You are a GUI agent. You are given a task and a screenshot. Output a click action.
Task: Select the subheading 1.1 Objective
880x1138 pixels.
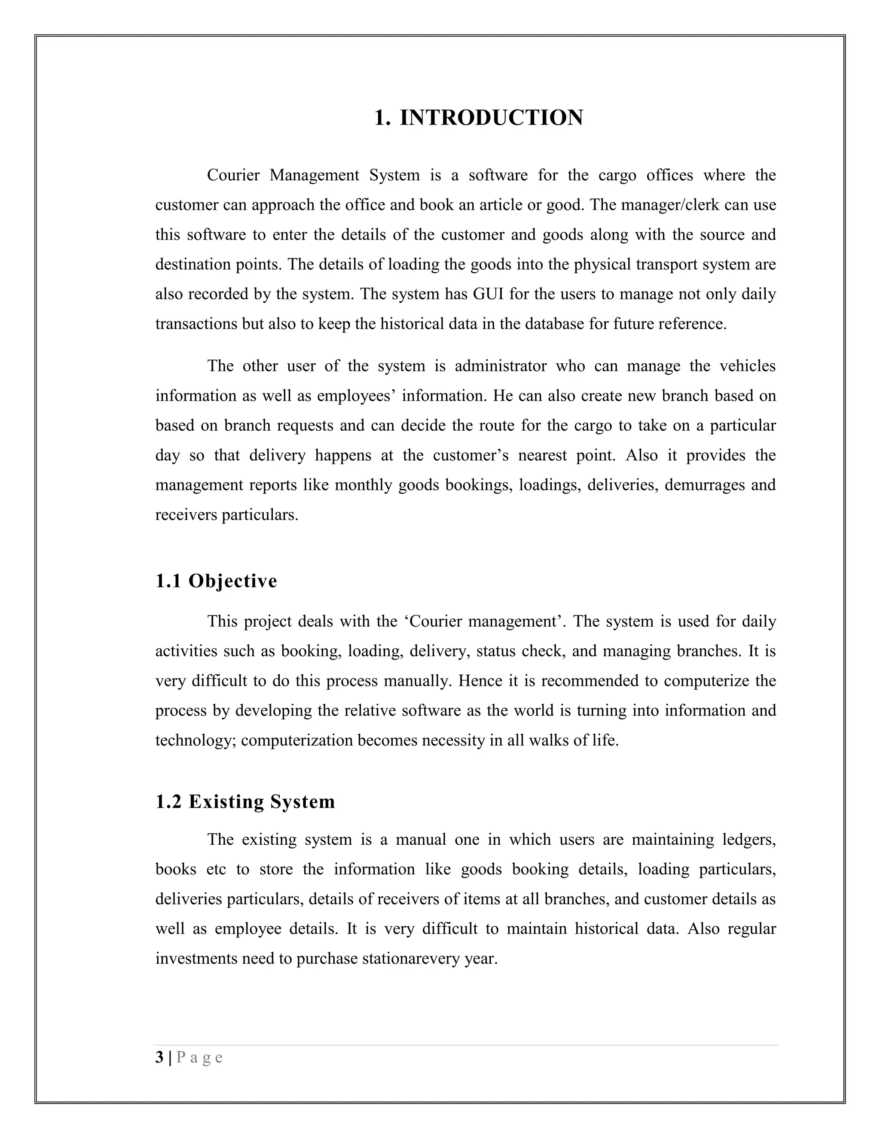(x=217, y=581)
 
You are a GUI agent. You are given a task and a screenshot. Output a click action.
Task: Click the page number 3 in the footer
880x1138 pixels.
(x=159, y=1057)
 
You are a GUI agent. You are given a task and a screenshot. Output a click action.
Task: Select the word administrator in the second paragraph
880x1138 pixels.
(x=501, y=366)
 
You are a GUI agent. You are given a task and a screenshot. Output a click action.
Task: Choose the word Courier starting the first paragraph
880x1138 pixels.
(x=233, y=175)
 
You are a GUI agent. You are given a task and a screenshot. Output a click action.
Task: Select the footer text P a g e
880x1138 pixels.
(x=200, y=1057)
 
